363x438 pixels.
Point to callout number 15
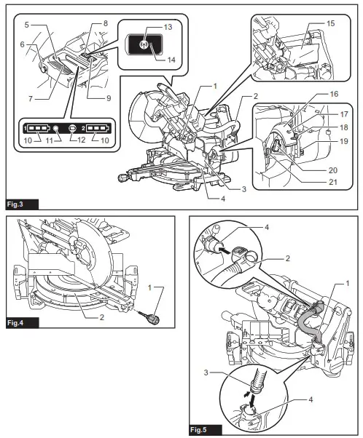[331, 24]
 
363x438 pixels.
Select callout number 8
[106, 23]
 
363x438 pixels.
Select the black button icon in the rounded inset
[143, 43]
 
